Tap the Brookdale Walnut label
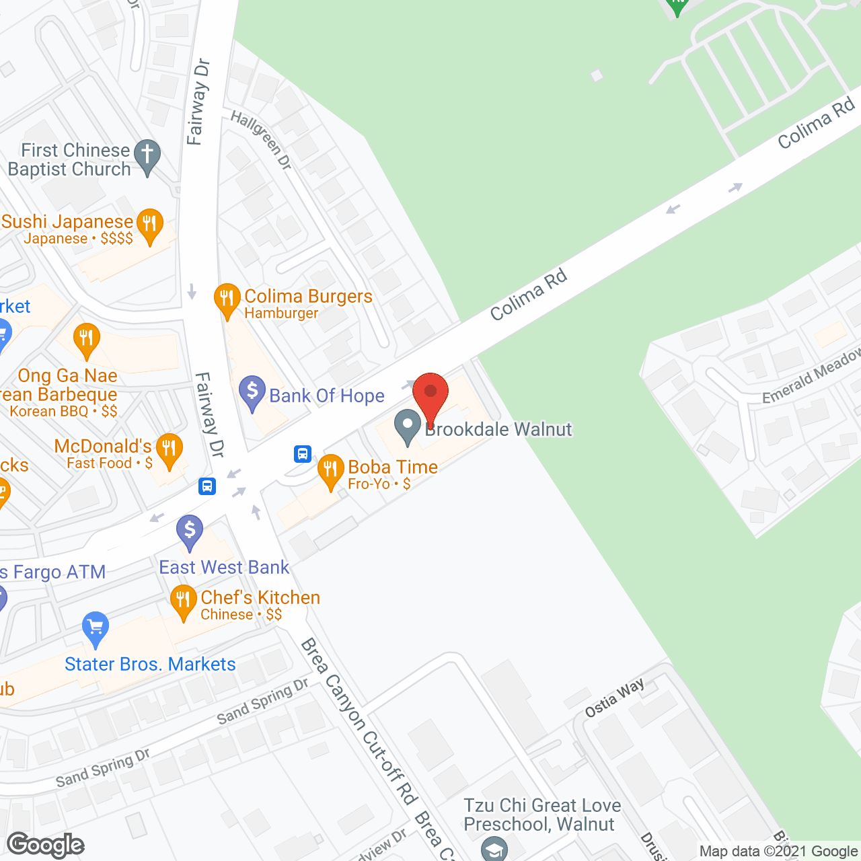[498, 429]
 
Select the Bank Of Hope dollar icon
[252, 392]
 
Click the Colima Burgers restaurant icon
[227, 299]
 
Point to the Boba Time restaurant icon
[330, 471]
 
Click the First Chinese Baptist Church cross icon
[147, 155]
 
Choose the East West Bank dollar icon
[190, 531]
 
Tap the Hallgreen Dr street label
[261, 139]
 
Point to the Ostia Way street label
[615, 698]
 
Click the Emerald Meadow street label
[811, 377]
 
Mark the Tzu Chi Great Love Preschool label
[542, 815]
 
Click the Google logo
[46, 845]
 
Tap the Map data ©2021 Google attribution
[779, 852]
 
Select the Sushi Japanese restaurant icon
[149, 225]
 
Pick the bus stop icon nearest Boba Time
[303, 454]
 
